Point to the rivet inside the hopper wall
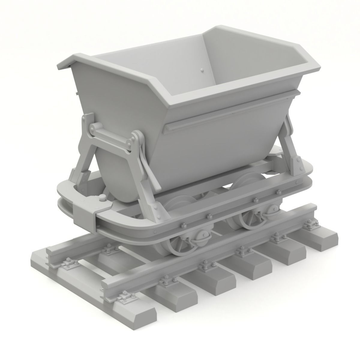tap(201, 70)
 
